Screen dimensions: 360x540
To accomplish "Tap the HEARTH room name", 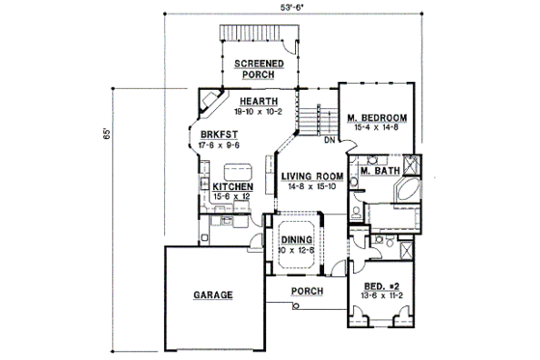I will click(259, 101).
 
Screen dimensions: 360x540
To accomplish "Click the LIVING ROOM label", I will click(312, 176).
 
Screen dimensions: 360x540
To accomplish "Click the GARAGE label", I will click(212, 296).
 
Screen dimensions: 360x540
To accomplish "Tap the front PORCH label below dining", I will click(306, 291).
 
